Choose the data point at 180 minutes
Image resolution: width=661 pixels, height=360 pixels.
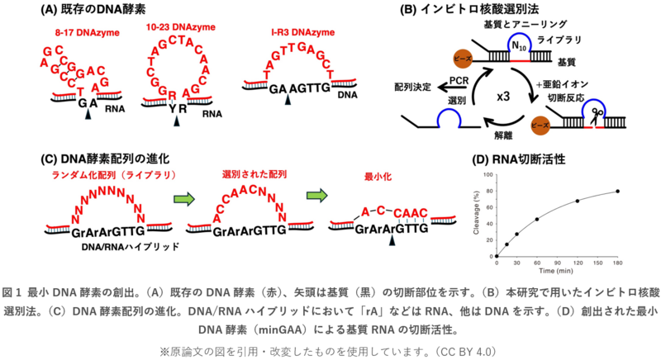tap(617, 192)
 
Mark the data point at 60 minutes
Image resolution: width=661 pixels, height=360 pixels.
tap(536, 220)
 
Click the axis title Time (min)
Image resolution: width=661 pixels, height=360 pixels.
tap(557, 271)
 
